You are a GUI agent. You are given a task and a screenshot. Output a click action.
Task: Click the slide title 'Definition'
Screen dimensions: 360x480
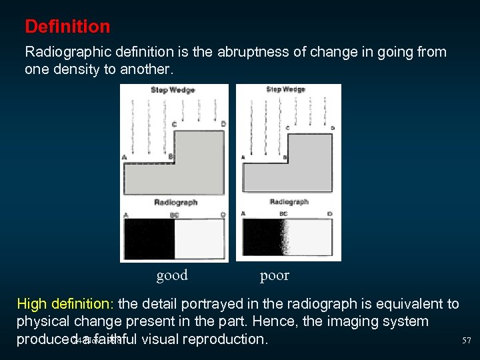click(67, 27)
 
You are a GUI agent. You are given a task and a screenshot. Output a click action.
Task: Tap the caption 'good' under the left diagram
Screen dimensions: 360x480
click(172, 275)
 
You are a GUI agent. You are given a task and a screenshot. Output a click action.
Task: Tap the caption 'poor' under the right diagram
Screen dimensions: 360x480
click(275, 275)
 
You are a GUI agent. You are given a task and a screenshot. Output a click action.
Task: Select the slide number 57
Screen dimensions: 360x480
click(467, 341)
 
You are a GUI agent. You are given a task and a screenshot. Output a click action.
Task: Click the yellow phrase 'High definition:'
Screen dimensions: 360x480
click(66, 305)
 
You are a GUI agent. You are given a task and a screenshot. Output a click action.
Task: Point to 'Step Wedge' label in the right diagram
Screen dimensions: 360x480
click(285, 89)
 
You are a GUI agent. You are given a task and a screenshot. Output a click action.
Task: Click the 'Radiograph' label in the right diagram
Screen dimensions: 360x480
click(289, 201)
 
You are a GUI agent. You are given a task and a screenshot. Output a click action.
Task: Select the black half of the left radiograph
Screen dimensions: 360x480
click(149, 239)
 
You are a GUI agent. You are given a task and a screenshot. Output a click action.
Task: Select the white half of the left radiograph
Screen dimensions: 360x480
click(199, 239)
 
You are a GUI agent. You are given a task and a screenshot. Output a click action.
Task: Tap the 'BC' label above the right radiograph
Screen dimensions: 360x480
click(284, 213)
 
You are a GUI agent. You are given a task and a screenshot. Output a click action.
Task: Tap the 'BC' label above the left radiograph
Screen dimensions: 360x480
click(175, 215)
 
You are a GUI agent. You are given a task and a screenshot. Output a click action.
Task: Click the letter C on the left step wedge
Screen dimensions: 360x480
click(175, 124)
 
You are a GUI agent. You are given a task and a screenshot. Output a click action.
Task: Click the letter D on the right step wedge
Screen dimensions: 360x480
click(333, 127)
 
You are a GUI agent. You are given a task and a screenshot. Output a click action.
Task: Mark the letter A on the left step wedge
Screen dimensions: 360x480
click(125, 157)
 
